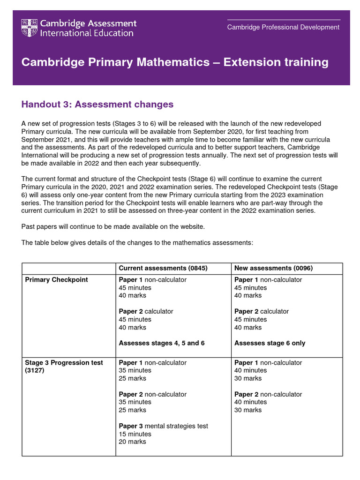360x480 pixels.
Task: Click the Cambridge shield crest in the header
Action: (30, 28)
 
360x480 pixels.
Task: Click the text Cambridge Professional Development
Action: (283, 27)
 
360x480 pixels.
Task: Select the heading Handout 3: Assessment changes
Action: (97, 104)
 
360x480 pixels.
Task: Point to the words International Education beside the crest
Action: (87, 33)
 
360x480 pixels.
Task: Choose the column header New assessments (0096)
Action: (273, 268)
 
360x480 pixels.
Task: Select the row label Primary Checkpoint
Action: (56, 280)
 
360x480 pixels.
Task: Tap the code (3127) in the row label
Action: (35, 370)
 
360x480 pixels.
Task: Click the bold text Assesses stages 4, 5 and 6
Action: (162, 343)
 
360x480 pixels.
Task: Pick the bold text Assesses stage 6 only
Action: (270, 343)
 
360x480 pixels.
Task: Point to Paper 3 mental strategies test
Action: (163, 426)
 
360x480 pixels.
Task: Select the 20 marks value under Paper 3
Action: (132, 442)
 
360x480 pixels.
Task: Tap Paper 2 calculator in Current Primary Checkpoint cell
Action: (146, 311)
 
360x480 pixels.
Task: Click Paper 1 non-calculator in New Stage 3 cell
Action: (268, 362)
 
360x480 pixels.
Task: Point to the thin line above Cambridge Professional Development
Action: (283, 20)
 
